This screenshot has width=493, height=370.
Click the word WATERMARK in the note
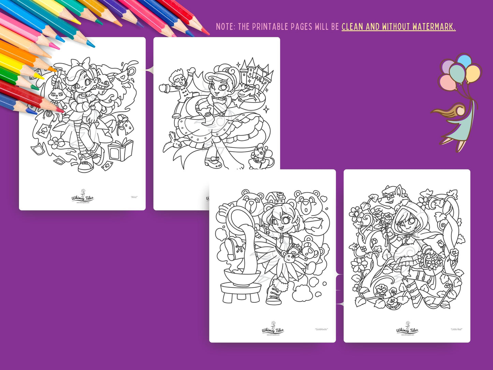(434, 27)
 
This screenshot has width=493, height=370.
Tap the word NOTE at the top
(225, 27)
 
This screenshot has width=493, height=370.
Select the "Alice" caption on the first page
(134, 197)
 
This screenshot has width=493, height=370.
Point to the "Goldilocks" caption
(321, 329)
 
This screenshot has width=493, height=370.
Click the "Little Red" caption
(456, 329)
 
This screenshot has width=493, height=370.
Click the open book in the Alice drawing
(121, 150)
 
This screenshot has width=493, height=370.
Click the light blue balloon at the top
(464, 61)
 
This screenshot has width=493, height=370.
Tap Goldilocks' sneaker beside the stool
(274, 293)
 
